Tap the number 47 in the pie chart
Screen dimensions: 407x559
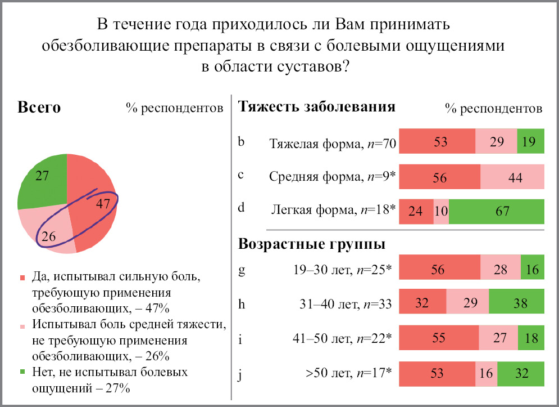[x=102, y=203]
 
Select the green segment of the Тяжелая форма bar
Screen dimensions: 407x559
[x=531, y=141]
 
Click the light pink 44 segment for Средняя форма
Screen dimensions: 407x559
[x=512, y=177]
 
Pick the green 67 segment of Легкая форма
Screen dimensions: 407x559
[x=496, y=212]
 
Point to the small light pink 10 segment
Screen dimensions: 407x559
[x=441, y=212]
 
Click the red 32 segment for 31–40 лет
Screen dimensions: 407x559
[x=422, y=303]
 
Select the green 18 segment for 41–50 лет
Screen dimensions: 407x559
[x=531, y=338]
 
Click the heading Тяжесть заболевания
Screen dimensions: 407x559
[x=317, y=106]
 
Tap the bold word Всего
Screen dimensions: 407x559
[x=39, y=107]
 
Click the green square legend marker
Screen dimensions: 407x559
[x=22, y=372]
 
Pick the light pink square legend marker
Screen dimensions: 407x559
[x=22, y=325]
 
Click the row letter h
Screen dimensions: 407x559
[x=242, y=303]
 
